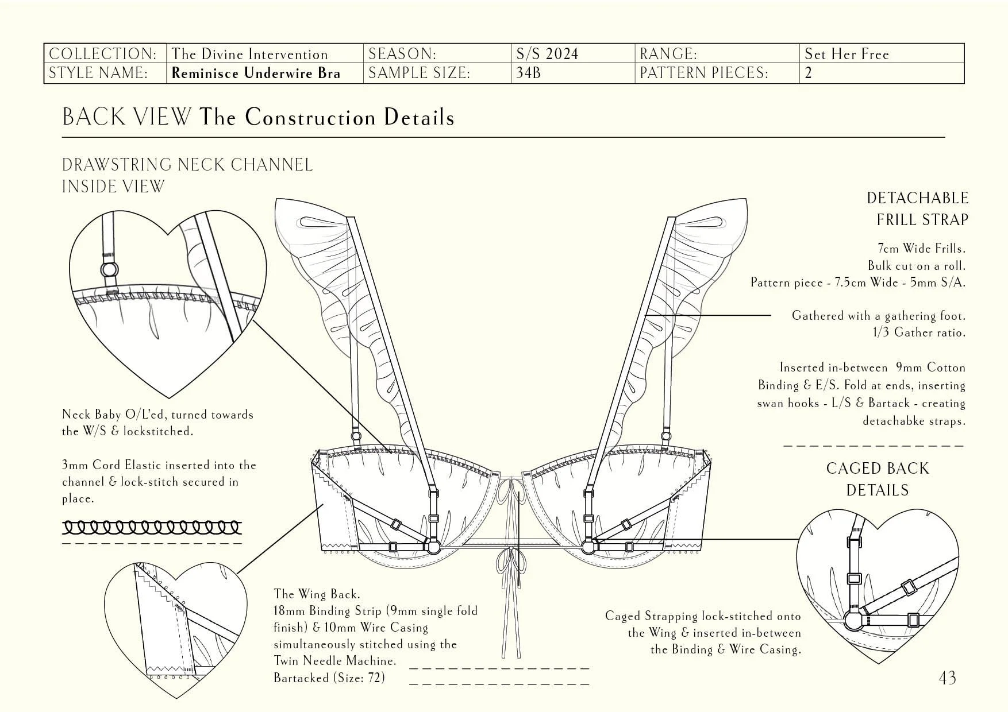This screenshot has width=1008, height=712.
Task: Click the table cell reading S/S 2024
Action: (547, 54)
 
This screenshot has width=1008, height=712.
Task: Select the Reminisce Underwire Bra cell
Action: (256, 73)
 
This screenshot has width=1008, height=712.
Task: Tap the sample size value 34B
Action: (529, 73)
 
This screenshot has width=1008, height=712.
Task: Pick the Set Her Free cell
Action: (847, 54)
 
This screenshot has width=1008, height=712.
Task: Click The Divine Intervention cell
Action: (249, 54)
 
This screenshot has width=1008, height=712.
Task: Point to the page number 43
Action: (947, 678)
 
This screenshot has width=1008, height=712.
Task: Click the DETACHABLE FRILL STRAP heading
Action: (917, 208)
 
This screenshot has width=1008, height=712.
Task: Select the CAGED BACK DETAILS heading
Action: (877, 479)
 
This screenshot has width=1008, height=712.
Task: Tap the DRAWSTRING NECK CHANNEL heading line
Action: (187, 165)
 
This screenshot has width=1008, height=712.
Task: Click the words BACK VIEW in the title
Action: (126, 117)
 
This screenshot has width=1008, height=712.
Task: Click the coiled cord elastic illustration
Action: (152, 527)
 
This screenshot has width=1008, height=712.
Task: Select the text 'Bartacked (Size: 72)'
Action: (329, 678)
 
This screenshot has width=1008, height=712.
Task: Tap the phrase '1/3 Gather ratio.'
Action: (919, 332)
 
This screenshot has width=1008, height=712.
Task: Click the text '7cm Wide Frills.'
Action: (921, 249)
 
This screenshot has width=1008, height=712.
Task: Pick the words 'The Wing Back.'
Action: (317, 594)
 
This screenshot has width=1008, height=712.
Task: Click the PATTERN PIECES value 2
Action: (809, 73)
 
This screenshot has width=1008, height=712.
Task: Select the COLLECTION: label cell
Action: (103, 54)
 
